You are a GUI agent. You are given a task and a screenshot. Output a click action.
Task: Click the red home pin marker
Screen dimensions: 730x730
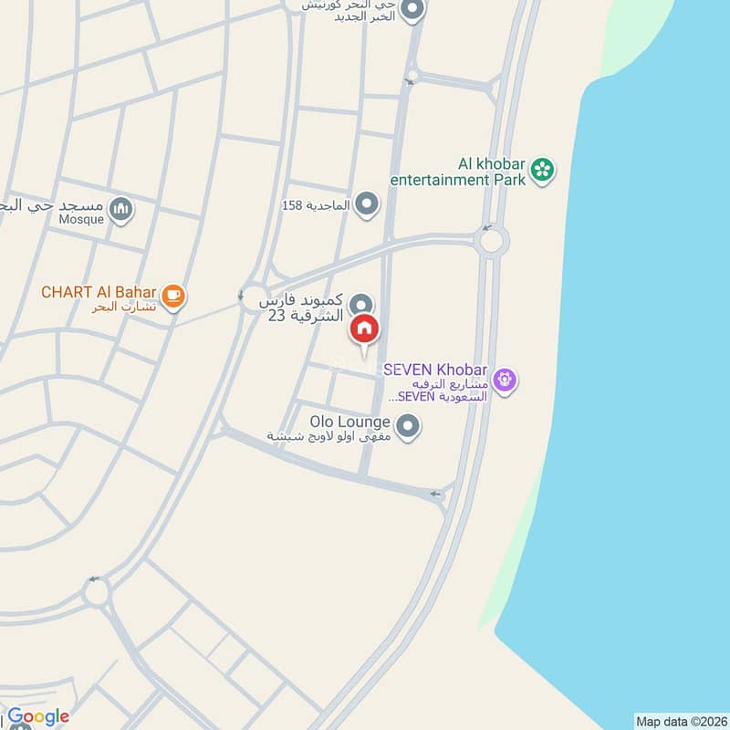[x=364, y=328]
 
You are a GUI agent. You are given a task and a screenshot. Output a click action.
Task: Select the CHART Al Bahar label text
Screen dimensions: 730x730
[x=99, y=293]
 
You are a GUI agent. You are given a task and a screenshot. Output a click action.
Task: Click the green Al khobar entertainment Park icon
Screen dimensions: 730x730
[x=543, y=169]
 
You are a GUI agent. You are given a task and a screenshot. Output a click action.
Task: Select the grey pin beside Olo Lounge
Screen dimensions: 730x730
[x=408, y=424]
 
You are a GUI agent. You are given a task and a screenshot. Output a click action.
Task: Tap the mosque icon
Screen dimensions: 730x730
[x=121, y=210]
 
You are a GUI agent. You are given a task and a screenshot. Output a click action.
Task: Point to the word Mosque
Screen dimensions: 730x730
[x=83, y=219]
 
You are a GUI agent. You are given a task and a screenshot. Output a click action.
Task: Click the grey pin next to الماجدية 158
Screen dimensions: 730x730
[x=367, y=203]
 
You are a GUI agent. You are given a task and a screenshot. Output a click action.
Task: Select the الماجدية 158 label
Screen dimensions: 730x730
[x=316, y=205]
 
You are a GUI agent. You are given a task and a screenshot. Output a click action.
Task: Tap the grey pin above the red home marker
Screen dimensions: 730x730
[x=362, y=305]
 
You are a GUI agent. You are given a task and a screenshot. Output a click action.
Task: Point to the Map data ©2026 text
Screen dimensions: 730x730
[x=680, y=721]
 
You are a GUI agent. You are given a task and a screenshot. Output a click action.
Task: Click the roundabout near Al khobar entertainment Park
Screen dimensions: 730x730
[x=492, y=242]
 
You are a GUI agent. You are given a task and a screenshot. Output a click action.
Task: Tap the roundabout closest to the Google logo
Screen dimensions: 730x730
[x=97, y=593]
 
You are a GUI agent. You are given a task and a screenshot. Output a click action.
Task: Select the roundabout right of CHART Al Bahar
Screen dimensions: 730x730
[x=254, y=297]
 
